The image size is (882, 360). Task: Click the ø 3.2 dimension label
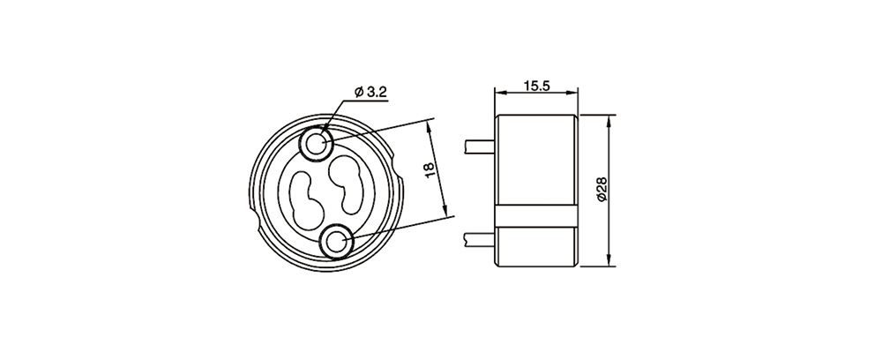(370, 92)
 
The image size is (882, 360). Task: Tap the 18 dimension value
(430, 169)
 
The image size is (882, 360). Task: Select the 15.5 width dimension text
(536, 86)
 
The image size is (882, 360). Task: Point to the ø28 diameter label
(602, 190)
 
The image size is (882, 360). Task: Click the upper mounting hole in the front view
(318, 142)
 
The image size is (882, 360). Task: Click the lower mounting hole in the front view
(337, 243)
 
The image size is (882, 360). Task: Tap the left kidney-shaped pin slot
(307, 200)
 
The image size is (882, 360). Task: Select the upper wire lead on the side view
(479, 146)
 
